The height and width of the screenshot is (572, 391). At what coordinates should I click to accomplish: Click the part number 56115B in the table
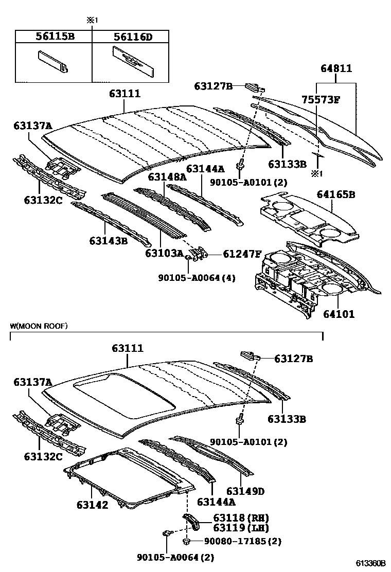[54, 37]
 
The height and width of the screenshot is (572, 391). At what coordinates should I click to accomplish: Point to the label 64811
[336, 68]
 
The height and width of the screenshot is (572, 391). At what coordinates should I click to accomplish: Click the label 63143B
[109, 240]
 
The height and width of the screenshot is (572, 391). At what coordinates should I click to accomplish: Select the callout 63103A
[164, 253]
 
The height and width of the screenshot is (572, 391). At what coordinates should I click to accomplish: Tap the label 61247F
[242, 253]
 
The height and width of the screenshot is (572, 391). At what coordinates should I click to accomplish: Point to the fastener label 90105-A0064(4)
[197, 277]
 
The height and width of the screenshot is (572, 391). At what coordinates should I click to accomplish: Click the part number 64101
[339, 313]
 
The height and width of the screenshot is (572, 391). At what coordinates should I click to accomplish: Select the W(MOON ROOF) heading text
[39, 326]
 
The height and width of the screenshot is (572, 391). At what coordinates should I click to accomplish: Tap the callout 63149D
[245, 491]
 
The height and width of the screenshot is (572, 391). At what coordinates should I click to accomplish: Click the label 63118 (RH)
[237, 517]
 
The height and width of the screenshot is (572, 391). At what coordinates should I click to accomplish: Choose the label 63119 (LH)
[237, 528]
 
